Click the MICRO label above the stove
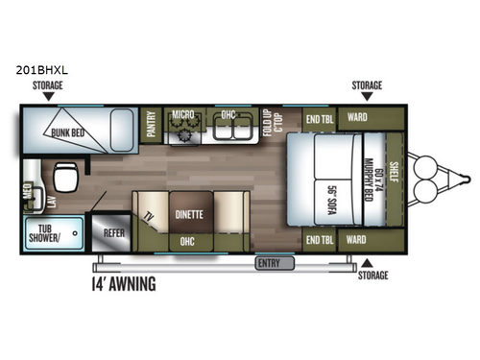point(183,114)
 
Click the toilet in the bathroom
point(68,178)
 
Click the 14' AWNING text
point(124,284)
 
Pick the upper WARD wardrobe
point(357,119)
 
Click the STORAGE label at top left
point(49,86)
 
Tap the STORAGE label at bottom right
point(373,276)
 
